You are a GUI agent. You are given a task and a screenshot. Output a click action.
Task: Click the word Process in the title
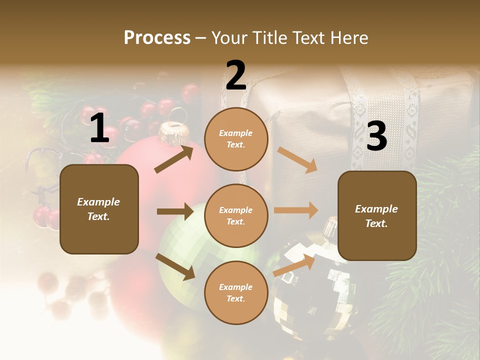pos(157,38)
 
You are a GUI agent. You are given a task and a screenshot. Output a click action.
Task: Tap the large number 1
pos(99,128)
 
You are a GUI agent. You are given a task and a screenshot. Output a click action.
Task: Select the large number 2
pos(236,75)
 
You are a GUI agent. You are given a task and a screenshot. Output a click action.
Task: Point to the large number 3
pos(376,136)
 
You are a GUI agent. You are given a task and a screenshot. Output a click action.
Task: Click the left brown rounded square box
pos(99,209)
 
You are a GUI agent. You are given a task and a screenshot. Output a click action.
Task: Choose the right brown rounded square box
pos(377,216)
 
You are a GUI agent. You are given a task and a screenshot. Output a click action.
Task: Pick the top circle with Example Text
pos(236,139)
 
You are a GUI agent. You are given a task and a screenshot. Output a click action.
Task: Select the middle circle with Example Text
pos(236,216)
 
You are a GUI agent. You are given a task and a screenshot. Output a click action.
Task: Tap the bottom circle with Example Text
pos(236,293)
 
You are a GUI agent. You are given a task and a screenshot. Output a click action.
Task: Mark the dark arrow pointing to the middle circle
pos(175,211)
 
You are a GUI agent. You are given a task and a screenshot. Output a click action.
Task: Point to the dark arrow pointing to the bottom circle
pos(175,266)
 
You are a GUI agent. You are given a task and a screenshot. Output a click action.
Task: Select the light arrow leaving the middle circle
pos(296,210)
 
